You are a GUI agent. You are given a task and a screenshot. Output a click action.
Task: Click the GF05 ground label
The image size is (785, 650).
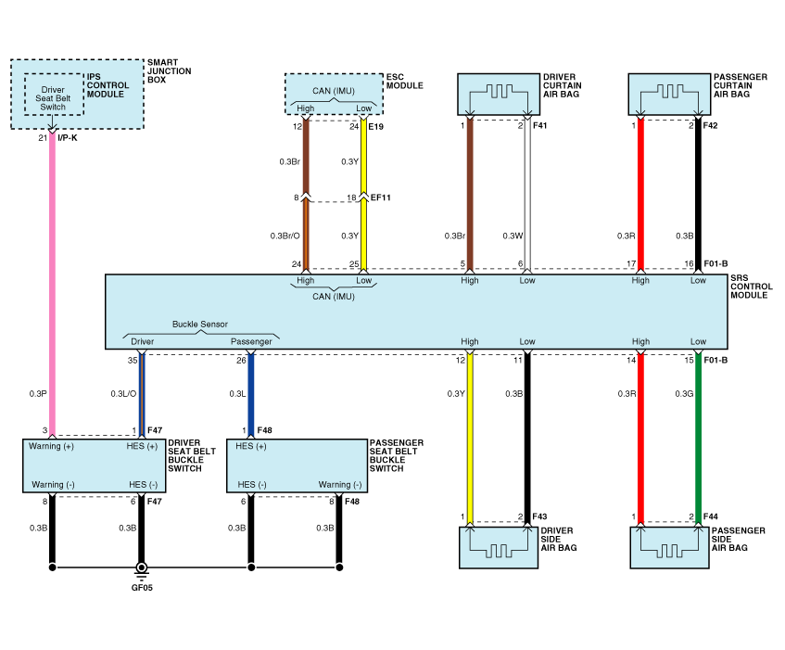142,587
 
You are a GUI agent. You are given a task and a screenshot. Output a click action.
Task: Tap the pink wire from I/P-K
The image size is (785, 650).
52,278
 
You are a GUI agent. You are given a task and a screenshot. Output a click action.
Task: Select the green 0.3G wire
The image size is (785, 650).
699,436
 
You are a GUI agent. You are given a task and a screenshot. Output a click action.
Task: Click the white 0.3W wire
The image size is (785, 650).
527,195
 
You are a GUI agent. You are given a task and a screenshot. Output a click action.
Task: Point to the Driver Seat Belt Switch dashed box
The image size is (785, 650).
54,95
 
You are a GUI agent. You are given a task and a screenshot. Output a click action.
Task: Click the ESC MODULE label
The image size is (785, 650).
403,82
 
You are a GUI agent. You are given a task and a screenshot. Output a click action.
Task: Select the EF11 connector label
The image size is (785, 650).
380,198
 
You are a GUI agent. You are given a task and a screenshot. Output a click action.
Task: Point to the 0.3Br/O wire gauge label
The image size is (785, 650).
284,235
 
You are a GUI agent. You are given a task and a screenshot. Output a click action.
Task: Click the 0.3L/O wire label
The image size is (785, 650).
122,394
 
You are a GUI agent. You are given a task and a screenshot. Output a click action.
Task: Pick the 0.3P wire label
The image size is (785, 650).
36,394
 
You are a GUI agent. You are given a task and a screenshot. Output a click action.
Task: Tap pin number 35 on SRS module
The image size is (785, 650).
133,360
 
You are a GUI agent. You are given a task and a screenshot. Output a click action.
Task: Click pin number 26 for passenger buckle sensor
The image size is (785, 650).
241,360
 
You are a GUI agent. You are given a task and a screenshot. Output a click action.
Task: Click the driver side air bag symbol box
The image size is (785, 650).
497,547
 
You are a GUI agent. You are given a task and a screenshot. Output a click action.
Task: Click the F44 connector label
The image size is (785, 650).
711,516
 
